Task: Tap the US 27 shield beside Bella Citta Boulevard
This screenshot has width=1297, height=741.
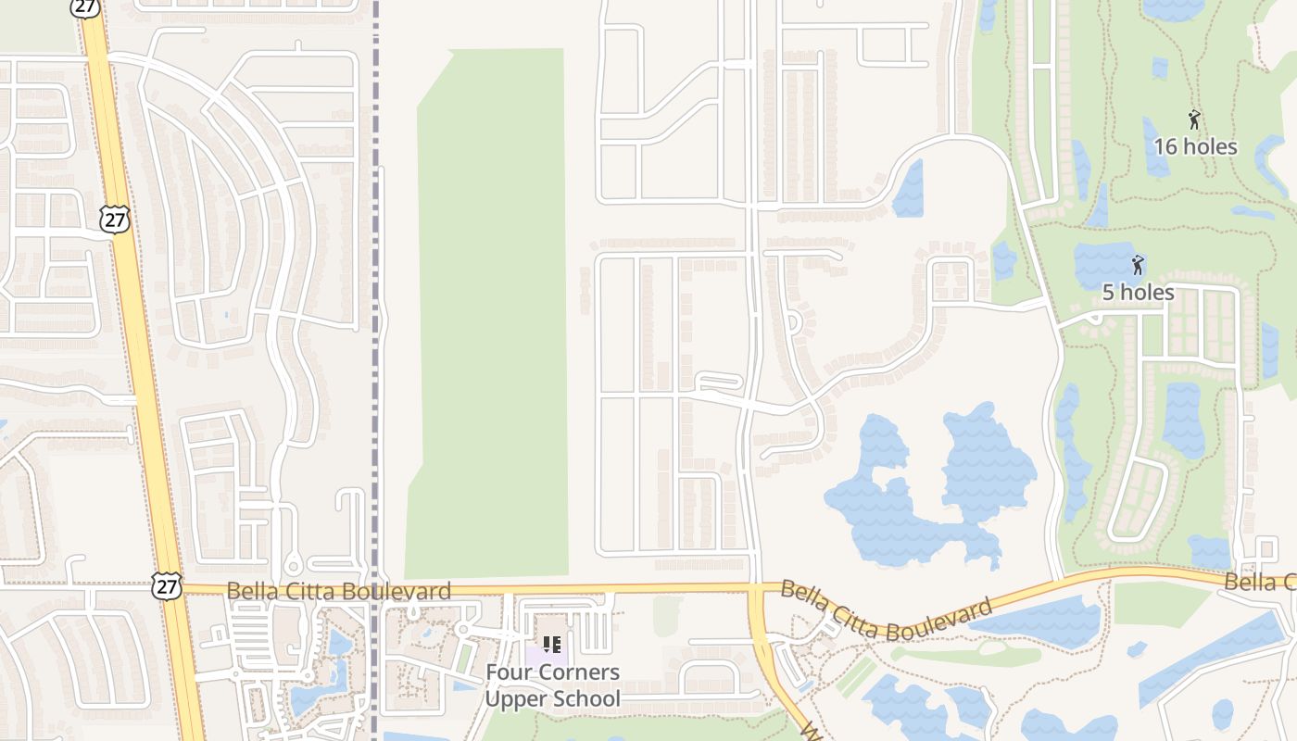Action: coord(168,585)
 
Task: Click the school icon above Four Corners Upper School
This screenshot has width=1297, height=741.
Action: coord(552,645)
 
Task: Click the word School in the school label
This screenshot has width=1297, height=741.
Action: coord(586,698)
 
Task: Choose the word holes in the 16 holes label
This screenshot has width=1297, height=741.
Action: coord(1210,146)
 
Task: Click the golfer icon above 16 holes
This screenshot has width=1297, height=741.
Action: coord(1194,119)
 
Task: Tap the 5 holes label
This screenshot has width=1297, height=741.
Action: coord(1138,293)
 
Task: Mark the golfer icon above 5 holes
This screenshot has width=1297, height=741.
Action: coord(1138,265)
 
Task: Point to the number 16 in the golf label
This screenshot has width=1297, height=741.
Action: coord(1165,146)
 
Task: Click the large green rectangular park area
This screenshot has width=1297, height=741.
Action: coord(491,306)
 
